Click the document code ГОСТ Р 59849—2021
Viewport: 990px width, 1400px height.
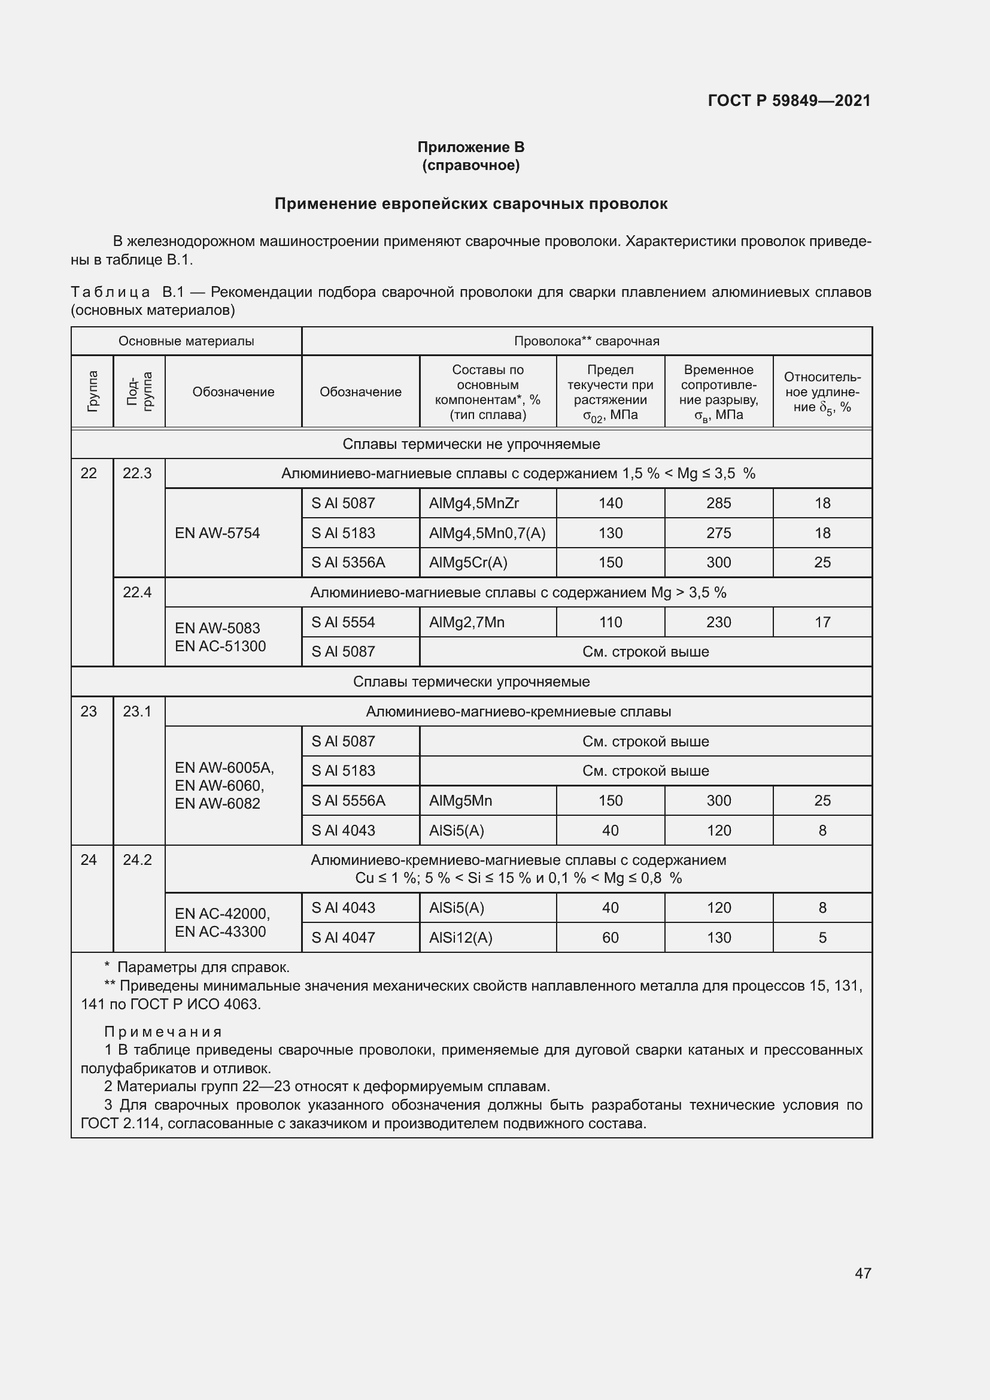pos(789,101)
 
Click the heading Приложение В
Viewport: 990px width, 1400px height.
pos(470,147)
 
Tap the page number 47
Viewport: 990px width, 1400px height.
pos(863,1273)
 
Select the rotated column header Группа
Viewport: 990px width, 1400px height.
pos(93,391)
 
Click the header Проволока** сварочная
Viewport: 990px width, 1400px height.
pos(587,341)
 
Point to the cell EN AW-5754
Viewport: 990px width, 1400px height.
pos(218,533)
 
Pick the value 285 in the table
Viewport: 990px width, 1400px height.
pos(718,503)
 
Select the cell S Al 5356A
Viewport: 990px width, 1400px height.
pos(348,562)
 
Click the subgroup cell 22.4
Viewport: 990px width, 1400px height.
pos(137,592)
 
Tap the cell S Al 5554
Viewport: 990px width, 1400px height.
pos(343,622)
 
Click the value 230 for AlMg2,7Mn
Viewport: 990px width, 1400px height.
pos(718,622)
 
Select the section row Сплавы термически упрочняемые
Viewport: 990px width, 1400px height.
pos(471,681)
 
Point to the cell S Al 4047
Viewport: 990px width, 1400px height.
pos(343,937)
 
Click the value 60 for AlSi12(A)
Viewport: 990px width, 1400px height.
pos(610,937)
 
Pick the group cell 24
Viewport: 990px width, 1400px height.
pos(89,860)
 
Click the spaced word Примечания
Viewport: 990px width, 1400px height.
pos(163,1032)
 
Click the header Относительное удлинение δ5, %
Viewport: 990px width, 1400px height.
pos(822,391)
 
